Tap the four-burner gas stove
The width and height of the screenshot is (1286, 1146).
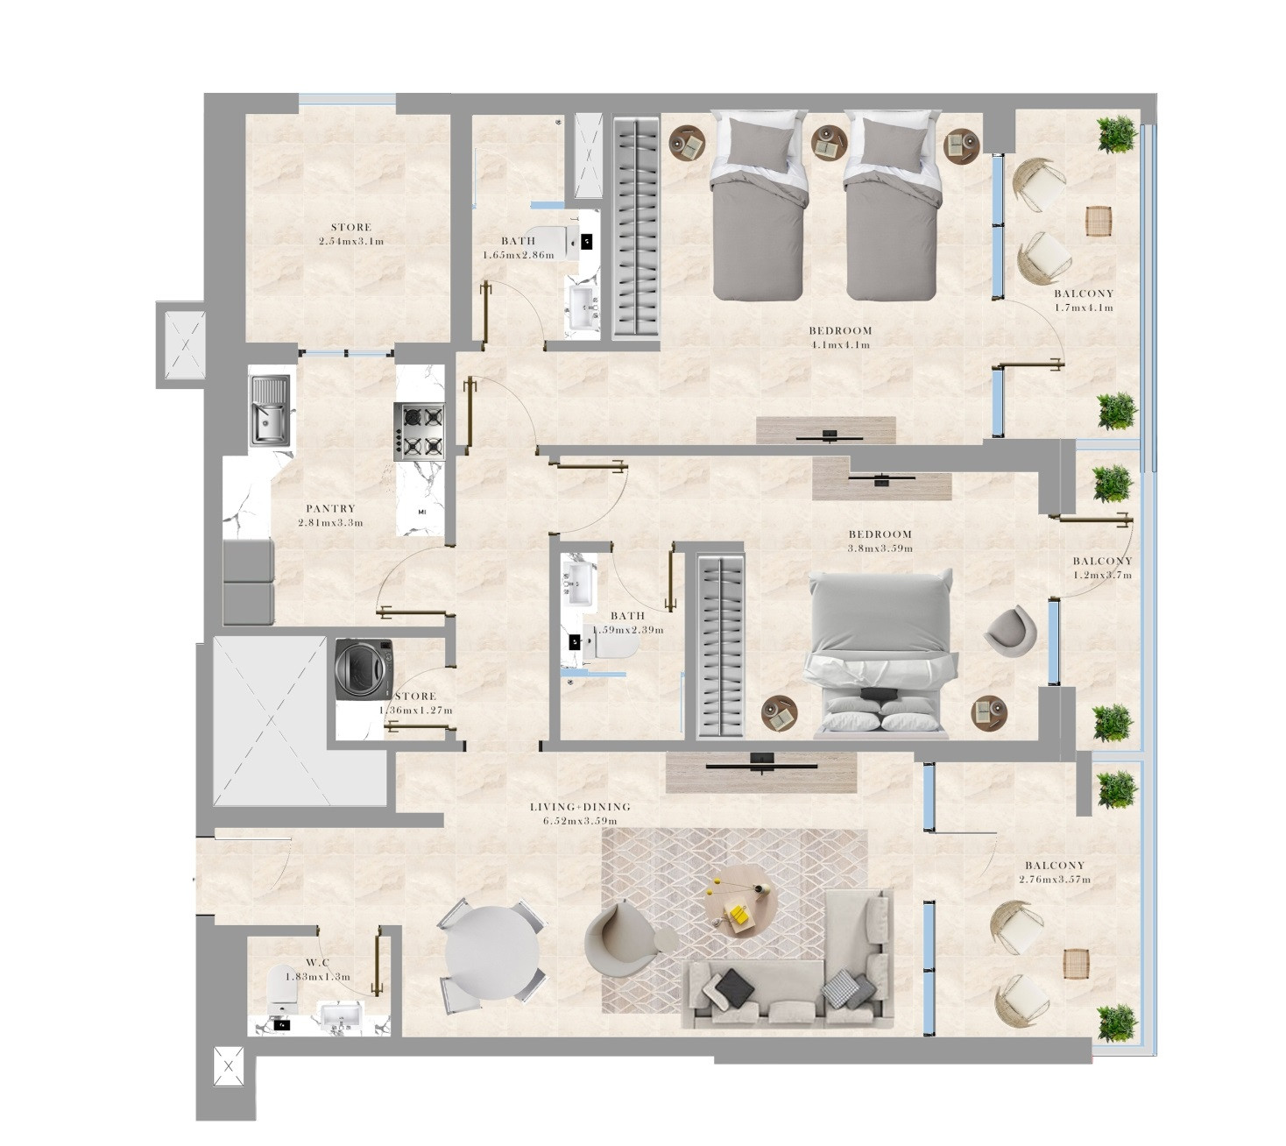click(419, 431)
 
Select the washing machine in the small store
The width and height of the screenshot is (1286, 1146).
click(363, 669)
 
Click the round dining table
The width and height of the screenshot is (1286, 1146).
click(492, 952)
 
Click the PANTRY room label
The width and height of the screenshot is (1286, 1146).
click(330, 508)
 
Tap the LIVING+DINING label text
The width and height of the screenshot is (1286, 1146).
click(580, 807)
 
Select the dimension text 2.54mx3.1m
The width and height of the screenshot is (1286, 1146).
click(351, 241)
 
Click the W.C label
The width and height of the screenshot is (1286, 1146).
click(317, 963)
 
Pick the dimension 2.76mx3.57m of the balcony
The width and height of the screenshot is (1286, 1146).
click(1055, 880)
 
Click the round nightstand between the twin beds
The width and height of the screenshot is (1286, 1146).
click(830, 143)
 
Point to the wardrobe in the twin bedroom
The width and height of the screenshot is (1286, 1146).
click(635, 227)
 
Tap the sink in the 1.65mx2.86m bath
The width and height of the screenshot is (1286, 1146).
click(583, 308)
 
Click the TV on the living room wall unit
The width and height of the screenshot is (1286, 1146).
click(761, 764)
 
